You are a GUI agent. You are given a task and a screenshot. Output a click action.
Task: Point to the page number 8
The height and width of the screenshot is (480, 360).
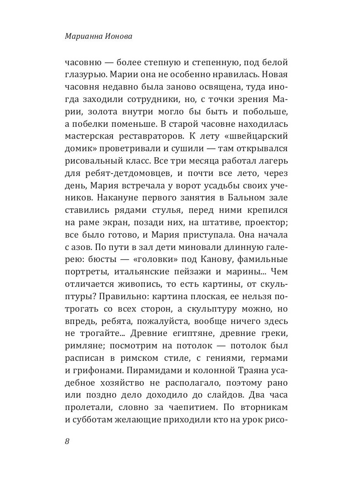67,442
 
